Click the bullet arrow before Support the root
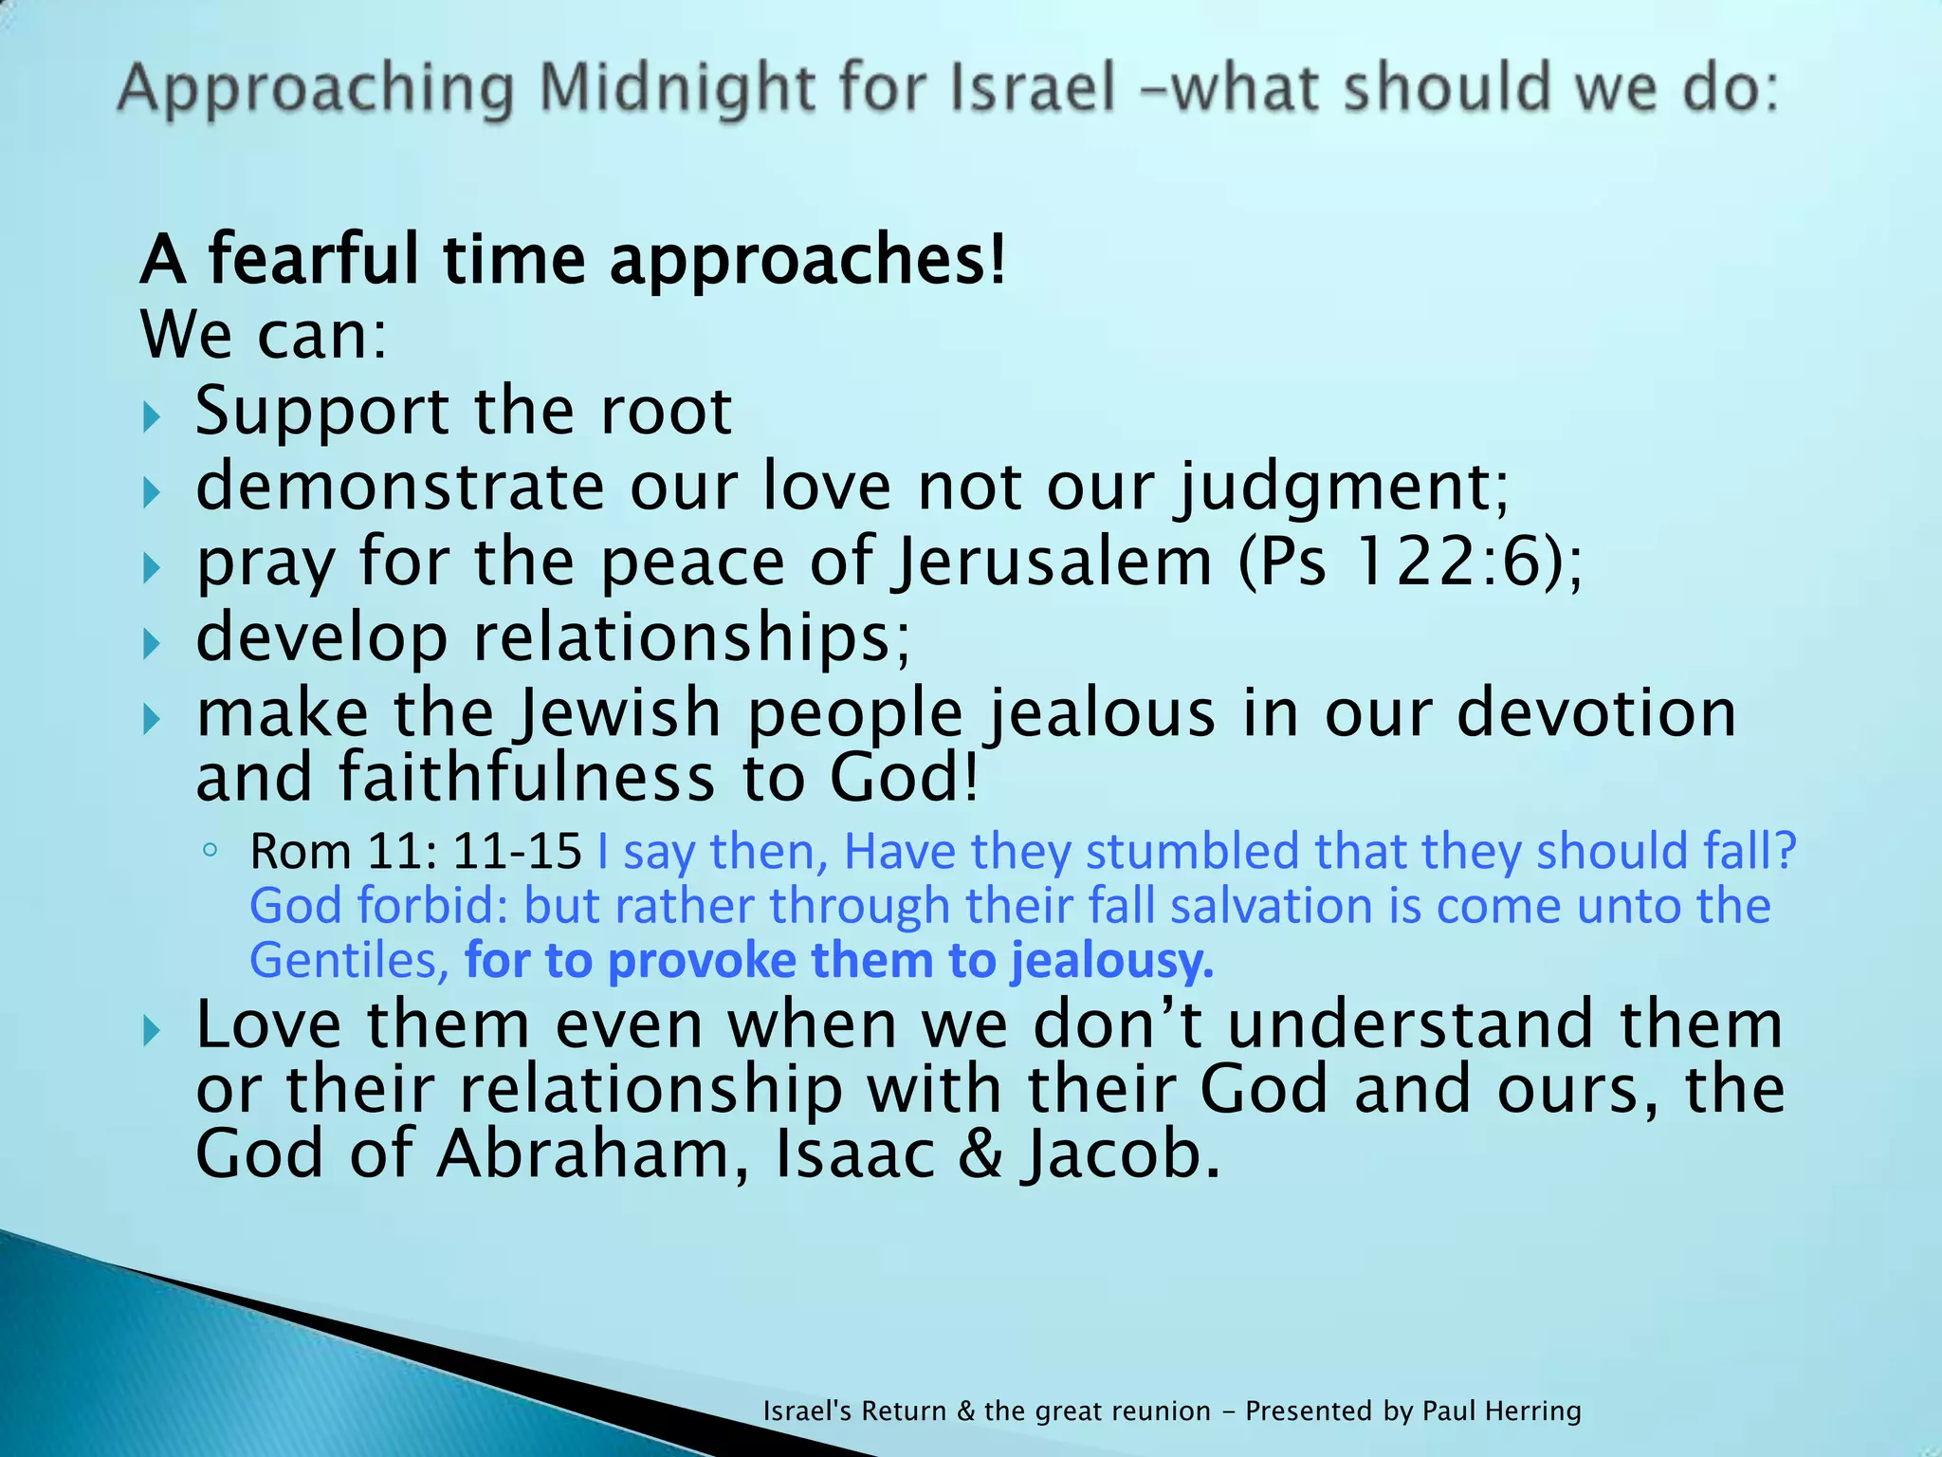point(152,416)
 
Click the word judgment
point(1338,488)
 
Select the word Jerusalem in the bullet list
point(1053,562)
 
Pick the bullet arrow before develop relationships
point(152,644)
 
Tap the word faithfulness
point(525,778)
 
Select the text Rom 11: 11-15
point(415,852)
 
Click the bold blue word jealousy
point(1111,961)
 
